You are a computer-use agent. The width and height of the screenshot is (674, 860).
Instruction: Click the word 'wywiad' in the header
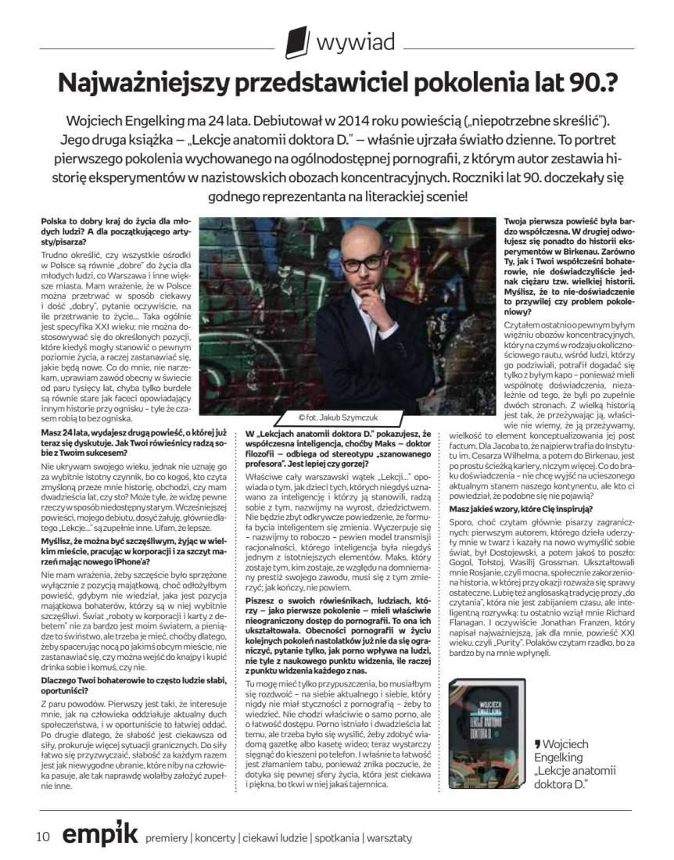[355, 41]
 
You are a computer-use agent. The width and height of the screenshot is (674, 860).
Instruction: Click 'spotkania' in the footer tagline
[336, 838]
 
